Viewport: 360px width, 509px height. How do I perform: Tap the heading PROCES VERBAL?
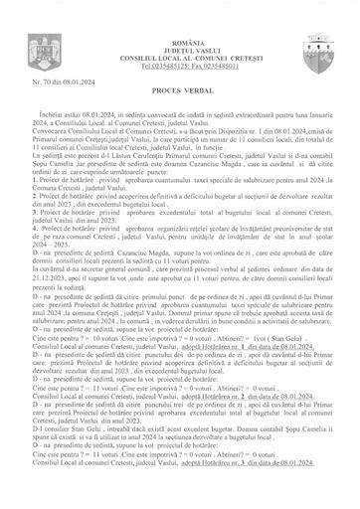[x=180, y=87]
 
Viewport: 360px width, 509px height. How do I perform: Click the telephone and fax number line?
[x=180, y=41]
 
